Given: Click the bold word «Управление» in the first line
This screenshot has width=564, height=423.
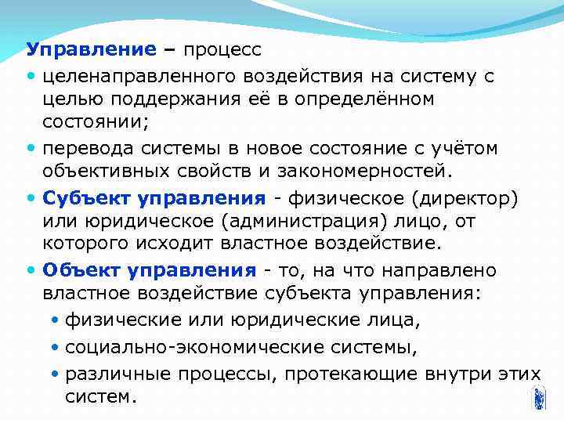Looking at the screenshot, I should pos(92,50).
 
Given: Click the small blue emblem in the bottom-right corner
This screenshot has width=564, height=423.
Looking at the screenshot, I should pos(538,398).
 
